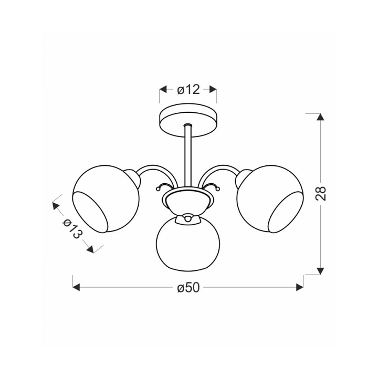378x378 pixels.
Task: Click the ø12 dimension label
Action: point(188,90)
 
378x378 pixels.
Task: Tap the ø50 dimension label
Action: point(188,287)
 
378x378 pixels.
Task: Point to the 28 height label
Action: point(321,194)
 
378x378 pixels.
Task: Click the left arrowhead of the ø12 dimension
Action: point(163,89)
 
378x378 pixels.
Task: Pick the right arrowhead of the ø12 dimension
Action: point(213,89)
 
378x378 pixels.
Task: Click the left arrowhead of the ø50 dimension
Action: point(76,287)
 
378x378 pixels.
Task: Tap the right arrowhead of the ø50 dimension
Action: point(300,287)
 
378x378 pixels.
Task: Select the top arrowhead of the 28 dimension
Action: point(320,117)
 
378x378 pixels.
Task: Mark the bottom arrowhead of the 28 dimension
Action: point(320,271)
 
